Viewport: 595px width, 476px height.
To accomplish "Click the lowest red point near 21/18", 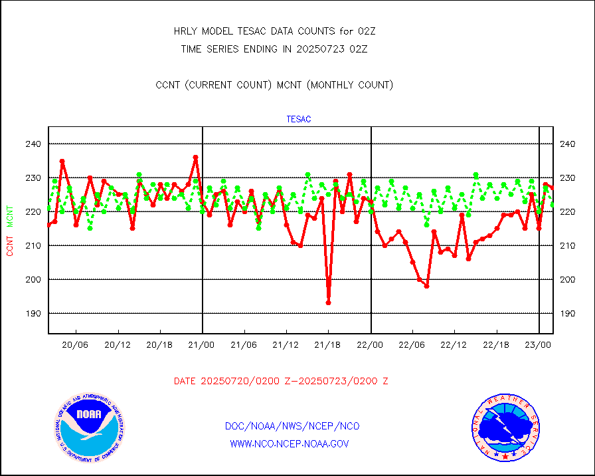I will pyautogui.click(x=328, y=302).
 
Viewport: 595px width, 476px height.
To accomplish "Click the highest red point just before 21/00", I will pyautogui.click(x=195, y=158).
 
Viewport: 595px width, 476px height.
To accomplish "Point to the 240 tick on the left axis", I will pyautogui.click(x=33, y=144).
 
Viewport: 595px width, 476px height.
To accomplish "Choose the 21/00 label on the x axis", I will pyautogui.click(x=202, y=344).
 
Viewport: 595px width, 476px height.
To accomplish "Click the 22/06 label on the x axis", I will pyautogui.click(x=412, y=344).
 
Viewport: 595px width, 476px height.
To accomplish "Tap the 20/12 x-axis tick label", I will pyautogui.click(x=118, y=344).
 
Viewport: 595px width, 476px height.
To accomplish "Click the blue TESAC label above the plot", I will pyautogui.click(x=299, y=120).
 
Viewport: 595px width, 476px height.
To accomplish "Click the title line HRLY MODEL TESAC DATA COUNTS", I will pyautogui.click(x=274, y=31).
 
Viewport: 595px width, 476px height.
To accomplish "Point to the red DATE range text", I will pyautogui.click(x=281, y=381).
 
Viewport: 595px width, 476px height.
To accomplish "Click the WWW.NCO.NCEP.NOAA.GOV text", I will pyautogui.click(x=289, y=443).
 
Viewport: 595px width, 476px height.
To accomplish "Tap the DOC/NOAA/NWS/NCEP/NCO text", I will pyautogui.click(x=292, y=426).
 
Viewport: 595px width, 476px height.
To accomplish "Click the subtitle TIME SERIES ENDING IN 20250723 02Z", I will pyautogui.click(x=274, y=49).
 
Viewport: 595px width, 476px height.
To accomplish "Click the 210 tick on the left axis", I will pyautogui.click(x=33, y=245).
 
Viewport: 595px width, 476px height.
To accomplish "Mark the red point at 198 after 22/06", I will pyautogui.click(x=426, y=286).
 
